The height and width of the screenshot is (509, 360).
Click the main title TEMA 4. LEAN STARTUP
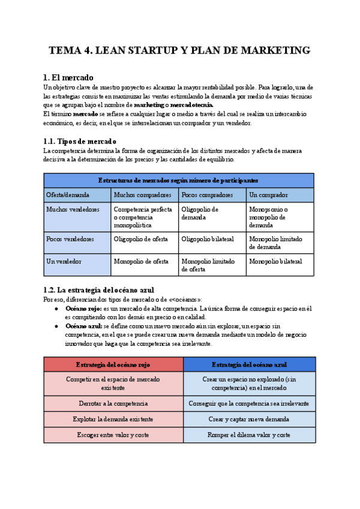point(179,50)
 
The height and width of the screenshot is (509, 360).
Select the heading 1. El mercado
point(68,78)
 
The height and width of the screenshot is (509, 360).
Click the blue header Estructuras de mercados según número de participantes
point(178,180)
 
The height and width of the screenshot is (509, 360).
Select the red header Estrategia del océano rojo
point(113,364)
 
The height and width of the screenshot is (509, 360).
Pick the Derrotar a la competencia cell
point(113,403)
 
